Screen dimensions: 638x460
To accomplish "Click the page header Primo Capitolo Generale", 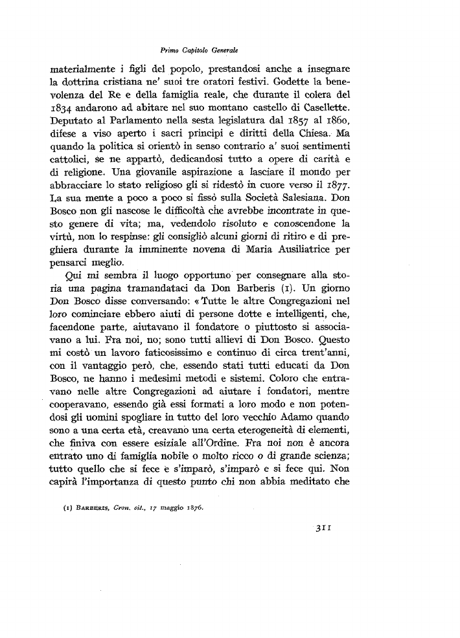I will (x=201, y=49).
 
